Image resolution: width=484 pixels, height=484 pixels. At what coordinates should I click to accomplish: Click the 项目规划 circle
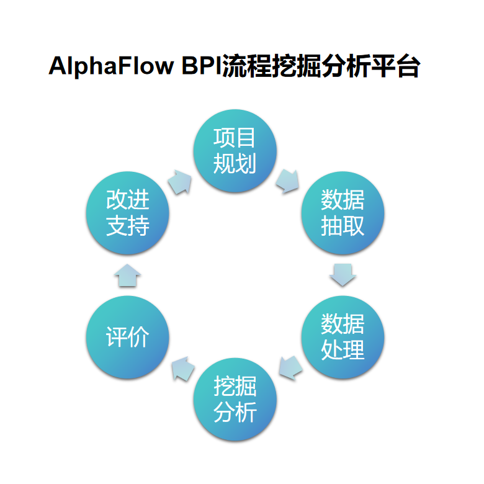tap(235, 151)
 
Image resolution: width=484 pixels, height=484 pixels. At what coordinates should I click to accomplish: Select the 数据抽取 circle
tap(343, 213)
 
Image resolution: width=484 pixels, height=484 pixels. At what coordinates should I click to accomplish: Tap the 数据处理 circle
tap(343, 337)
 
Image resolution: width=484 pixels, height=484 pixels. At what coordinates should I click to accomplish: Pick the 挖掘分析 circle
tap(235, 400)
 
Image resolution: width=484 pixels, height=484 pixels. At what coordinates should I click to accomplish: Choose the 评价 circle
tap(127, 337)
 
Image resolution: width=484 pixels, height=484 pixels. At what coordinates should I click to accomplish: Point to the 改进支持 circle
tap(127, 213)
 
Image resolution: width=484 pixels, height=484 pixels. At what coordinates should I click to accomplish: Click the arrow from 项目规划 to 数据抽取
tap(288, 181)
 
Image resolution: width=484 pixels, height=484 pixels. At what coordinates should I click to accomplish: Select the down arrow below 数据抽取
tap(343, 275)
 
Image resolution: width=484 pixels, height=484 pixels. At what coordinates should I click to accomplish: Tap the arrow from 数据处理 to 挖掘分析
tap(290, 367)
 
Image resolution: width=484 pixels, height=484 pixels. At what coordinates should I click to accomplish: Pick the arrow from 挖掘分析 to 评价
tap(182, 369)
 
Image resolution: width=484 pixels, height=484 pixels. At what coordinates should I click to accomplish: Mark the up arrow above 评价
tap(127, 275)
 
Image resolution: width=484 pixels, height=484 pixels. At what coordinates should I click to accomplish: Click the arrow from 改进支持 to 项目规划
tap(180, 182)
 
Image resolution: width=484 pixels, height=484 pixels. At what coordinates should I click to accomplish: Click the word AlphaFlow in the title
tap(111, 66)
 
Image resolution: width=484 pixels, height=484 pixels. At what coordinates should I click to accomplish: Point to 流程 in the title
tap(247, 65)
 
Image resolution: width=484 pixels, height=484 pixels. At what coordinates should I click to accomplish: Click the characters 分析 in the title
tap(346, 65)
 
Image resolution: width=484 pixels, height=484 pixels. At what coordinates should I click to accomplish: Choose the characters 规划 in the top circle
tap(235, 163)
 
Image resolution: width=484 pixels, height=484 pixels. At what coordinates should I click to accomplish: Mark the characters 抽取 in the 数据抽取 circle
tap(343, 226)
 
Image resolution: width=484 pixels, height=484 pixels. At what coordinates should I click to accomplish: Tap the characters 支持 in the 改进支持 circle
tap(128, 226)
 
